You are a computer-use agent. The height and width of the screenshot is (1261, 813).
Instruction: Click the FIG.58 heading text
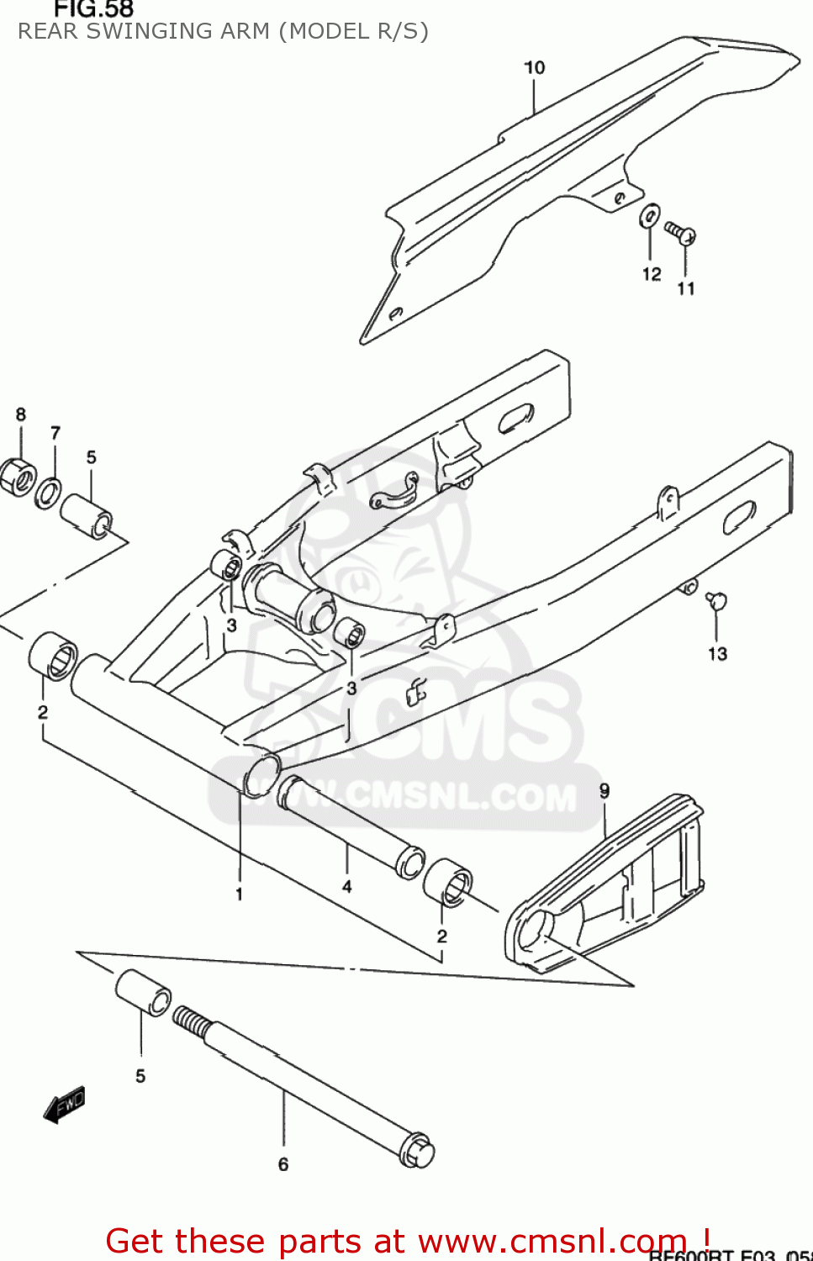pyautogui.click(x=93, y=9)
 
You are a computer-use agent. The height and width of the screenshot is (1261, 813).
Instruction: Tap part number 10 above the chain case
pyautogui.click(x=535, y=67)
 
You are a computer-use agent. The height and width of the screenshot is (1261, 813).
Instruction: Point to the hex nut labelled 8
pyautogui.click(x=17, y=477)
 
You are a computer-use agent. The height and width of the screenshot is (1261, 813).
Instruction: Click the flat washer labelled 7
pyautogui.click(x=48, y=493)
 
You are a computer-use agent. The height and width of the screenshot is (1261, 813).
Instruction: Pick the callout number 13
pyautogui.click(x=717, y=653)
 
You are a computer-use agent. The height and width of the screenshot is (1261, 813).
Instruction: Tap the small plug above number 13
pyautogui.click(x=717, y=599)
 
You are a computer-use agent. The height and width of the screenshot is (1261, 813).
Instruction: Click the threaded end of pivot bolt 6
pyautogui.click(x=190, y=1022)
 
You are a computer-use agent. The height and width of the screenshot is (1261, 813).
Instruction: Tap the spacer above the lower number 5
pyautogui.click(x=143, y=993)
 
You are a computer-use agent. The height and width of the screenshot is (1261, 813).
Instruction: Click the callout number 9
pyautogui.click(x=604, y=790)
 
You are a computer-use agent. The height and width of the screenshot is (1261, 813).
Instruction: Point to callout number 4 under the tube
pyautogui.click(x=346, y=886)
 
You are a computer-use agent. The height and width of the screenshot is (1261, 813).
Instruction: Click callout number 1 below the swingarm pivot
pyautogui.click(x=240, y=894)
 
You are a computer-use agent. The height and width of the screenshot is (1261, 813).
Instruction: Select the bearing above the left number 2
pyautogui.click(x=53, y=656)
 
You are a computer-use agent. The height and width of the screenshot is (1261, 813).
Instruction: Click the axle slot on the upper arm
pyautogui.click(x=515, y=418)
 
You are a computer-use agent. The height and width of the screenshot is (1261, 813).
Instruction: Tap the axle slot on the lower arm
pyautogui.click(x=739, y=517)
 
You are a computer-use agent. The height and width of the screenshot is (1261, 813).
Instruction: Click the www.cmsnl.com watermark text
pyautogui.click(x=420, y=796)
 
